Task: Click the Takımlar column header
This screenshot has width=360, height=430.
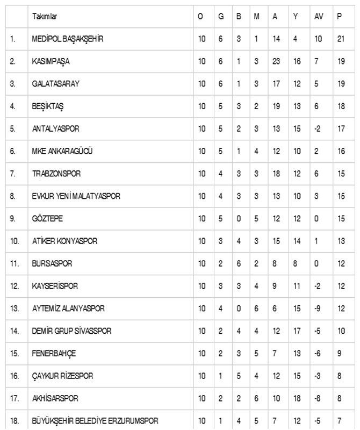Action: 44,17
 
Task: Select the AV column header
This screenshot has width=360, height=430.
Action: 319,17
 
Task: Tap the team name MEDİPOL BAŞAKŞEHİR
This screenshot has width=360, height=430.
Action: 67,39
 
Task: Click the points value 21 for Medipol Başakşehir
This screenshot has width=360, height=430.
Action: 340,39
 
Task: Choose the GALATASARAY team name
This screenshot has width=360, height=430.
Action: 55,84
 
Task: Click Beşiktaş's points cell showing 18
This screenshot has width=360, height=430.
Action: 340,106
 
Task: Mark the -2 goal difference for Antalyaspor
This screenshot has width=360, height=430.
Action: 318,129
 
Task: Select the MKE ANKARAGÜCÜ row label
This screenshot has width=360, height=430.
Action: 62,152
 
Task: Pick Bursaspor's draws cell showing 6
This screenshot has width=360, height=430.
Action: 237,263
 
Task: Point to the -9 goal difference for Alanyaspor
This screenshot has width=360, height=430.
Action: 318,309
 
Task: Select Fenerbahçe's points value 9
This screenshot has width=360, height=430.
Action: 339,353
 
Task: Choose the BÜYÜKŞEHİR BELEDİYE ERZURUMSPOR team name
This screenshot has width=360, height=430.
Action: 95,420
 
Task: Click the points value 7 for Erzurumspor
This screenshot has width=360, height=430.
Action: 339,420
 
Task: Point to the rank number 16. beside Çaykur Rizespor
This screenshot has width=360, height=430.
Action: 15,376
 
